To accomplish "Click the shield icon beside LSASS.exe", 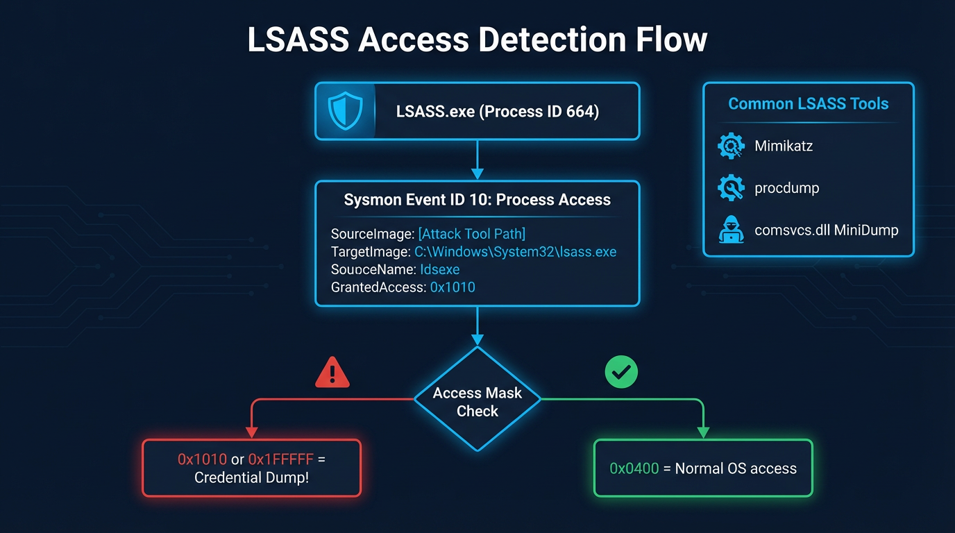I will coord(345,112).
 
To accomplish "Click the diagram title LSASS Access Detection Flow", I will coord(477,40).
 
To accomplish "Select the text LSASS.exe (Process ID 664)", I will coord(497,112).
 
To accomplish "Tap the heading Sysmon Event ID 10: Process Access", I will coord(477,200).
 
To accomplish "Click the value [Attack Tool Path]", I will coord(471,234).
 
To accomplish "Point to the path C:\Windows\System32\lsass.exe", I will coord(515,251).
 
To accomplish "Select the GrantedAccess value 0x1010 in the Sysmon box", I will coord(453,287).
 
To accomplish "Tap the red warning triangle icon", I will coord(332,373).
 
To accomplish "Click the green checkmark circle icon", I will coord(621,373).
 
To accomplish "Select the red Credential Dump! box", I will coord(252,468).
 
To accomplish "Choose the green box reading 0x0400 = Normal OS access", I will coord(703,468).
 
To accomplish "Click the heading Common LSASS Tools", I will coord(808,104).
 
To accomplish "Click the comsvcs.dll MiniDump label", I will coord(826,230).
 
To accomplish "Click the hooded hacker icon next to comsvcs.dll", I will coord(731,230).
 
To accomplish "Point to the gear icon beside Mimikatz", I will coord(731,146).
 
